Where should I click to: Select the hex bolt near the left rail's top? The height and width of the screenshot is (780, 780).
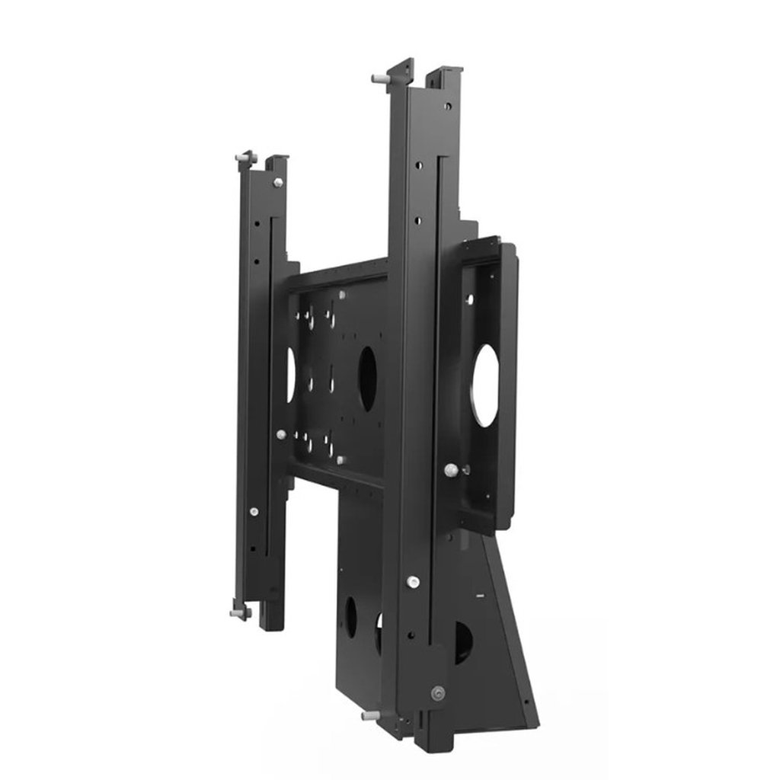coord(277,182)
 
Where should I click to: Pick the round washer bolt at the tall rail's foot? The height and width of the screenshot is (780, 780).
coord(437,693)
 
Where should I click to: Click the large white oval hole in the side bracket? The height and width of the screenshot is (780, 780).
coord(484,385)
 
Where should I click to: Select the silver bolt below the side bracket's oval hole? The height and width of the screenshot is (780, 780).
coord(452,469)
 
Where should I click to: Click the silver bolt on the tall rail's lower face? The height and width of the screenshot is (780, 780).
coord(412,582)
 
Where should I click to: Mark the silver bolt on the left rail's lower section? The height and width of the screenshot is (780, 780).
coord(254,511)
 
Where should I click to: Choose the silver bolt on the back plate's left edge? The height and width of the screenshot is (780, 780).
coord(281,434)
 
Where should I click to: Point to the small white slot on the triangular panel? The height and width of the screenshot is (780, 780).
coord(480,592)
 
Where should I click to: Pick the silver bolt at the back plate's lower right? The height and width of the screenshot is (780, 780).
coord(340,460)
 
